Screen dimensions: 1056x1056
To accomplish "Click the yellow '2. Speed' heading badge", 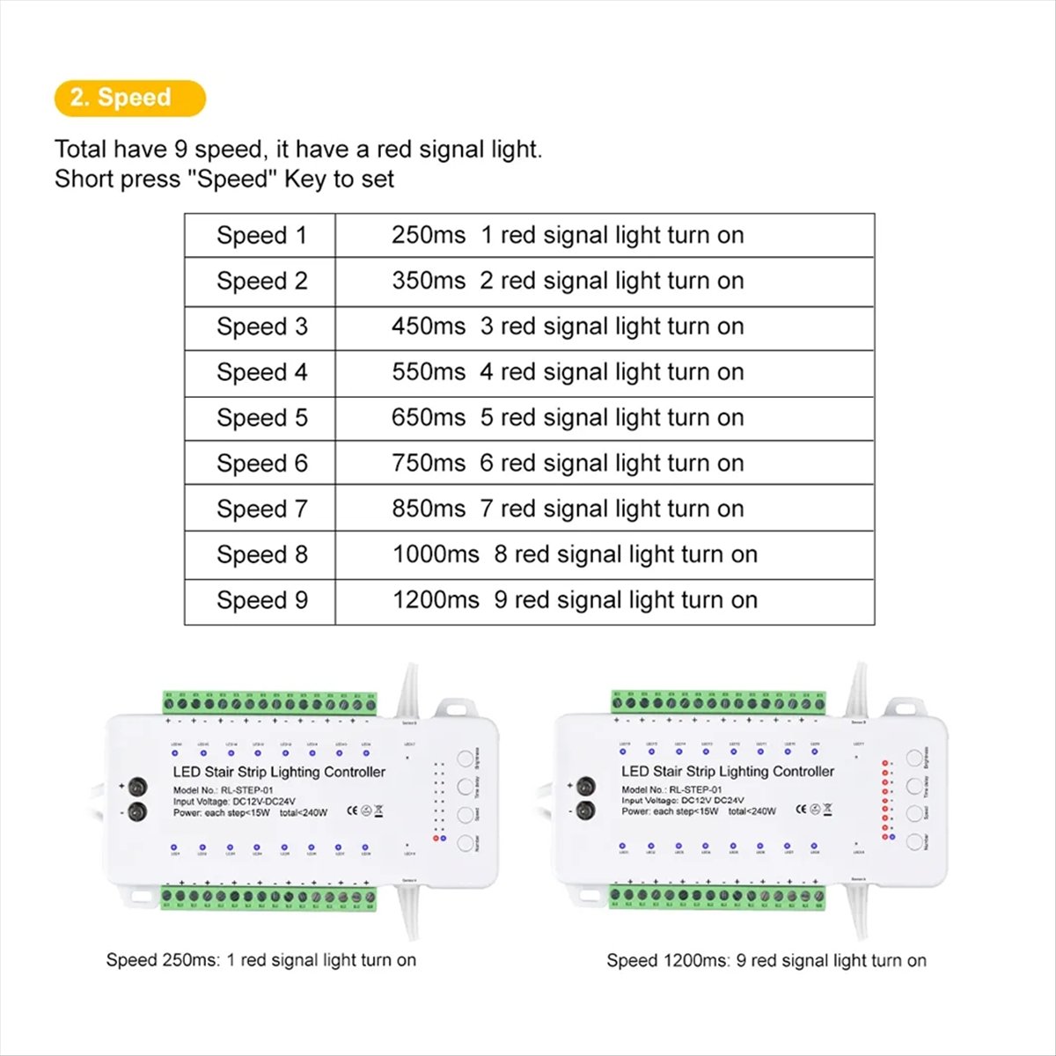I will [129, 98].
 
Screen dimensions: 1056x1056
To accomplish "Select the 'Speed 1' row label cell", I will [261, 235].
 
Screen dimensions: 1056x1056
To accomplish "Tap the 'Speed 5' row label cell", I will [261, 417].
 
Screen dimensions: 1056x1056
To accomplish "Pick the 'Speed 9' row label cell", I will [261, 600].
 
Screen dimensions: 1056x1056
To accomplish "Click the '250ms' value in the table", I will [429, 235].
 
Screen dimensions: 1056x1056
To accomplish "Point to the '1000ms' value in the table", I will [436, 554].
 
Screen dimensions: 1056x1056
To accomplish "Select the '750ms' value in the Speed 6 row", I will [429, 463].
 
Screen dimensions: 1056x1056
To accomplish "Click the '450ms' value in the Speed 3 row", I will [429, 326].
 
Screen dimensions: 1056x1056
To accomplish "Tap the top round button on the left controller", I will [465, 758].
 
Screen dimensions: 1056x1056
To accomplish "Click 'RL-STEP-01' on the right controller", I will [696, 790].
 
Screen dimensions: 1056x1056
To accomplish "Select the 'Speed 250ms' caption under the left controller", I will [163, 960].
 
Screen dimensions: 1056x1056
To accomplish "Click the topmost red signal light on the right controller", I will [884, 764].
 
